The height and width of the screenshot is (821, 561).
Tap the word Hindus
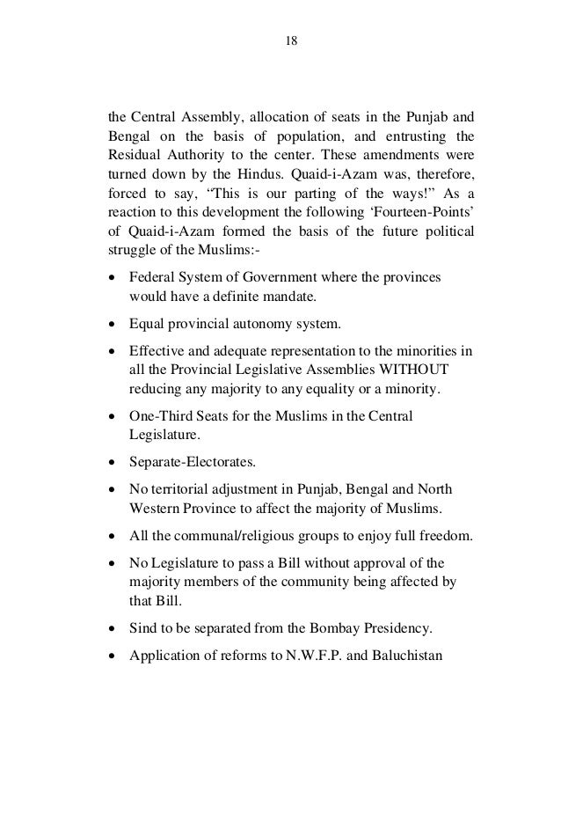click(x=283, y=175)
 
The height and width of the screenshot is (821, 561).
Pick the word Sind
click(x=142, y=629)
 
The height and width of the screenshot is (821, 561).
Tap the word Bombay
click(x=341, y=629)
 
